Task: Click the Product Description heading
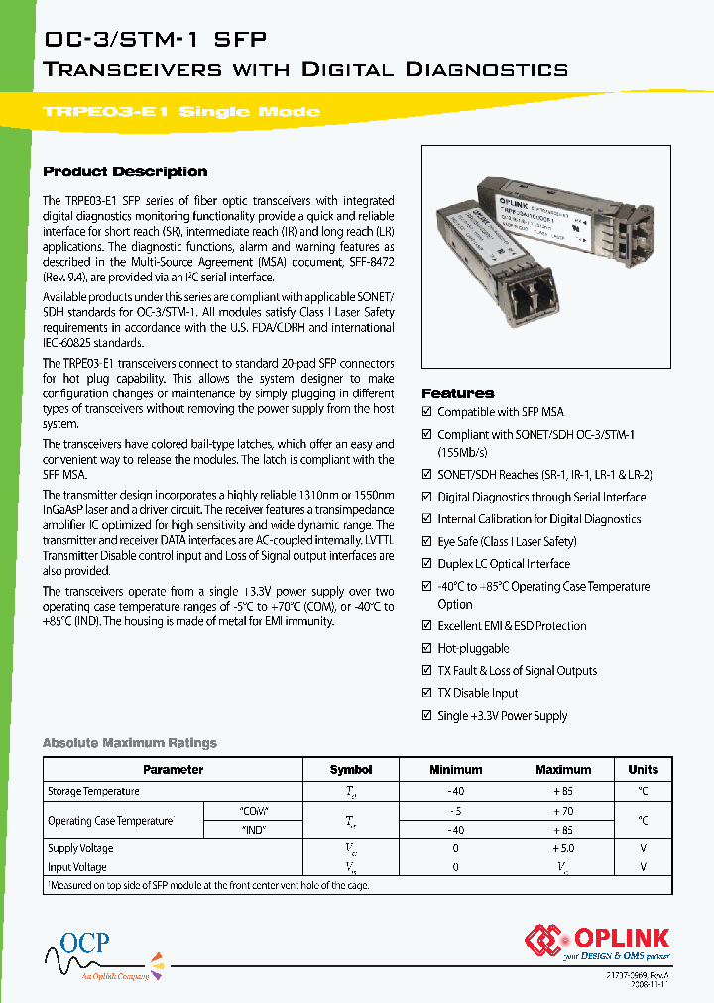coord(125,171)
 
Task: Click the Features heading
coord(457,393)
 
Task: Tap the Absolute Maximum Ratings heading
coord(129,743)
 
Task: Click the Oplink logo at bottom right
coord(597,943)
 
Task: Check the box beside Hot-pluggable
coord(427,648)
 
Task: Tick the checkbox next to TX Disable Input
coord(427,693)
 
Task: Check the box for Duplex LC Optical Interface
coord(427,564)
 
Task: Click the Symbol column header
coord(351,769)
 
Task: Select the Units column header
coord(643,769)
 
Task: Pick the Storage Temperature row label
coord(93,791)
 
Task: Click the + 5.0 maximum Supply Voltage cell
coord(562,849)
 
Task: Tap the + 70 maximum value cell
coord(562,811)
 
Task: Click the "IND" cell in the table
coord(254,830)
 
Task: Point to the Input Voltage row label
coord(77,867)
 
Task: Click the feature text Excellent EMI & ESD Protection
coord(512,626)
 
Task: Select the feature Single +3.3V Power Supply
coord(503,716)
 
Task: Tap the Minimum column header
coord(455,769)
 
